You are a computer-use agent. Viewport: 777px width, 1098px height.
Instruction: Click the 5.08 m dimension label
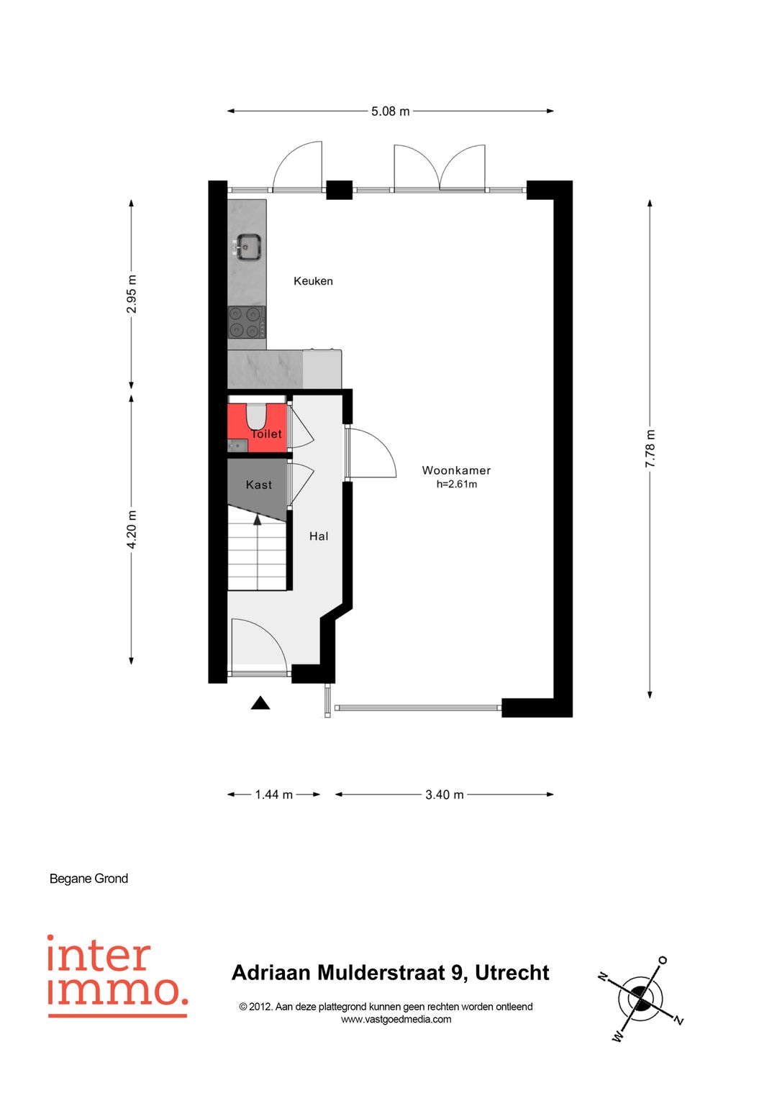point(390,111)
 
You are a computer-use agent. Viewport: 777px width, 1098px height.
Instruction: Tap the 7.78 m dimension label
point(650,448)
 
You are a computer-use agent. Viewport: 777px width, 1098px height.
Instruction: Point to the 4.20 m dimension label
point(132,529)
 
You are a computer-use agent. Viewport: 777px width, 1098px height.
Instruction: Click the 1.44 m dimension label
point(273,795)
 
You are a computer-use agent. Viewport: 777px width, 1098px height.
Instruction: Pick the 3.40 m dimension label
point(445,795)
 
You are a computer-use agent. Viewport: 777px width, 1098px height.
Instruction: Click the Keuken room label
point(314,281)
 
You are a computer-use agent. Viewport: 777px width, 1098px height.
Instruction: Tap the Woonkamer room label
point(456,470)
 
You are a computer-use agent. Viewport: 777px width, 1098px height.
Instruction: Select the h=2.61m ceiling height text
point(457,485)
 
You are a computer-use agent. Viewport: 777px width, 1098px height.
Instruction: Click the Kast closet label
point(258,485)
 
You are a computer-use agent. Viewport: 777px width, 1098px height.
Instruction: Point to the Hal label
point(318,536)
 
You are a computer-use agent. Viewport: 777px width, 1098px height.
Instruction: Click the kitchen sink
point(247,247)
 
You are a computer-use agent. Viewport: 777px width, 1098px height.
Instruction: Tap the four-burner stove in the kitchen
point(247,322)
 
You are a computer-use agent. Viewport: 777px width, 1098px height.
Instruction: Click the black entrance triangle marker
point(260,703)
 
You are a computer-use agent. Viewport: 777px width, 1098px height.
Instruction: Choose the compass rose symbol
point(640,997)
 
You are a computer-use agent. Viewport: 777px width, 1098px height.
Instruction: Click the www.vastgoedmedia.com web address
point(396,1019)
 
